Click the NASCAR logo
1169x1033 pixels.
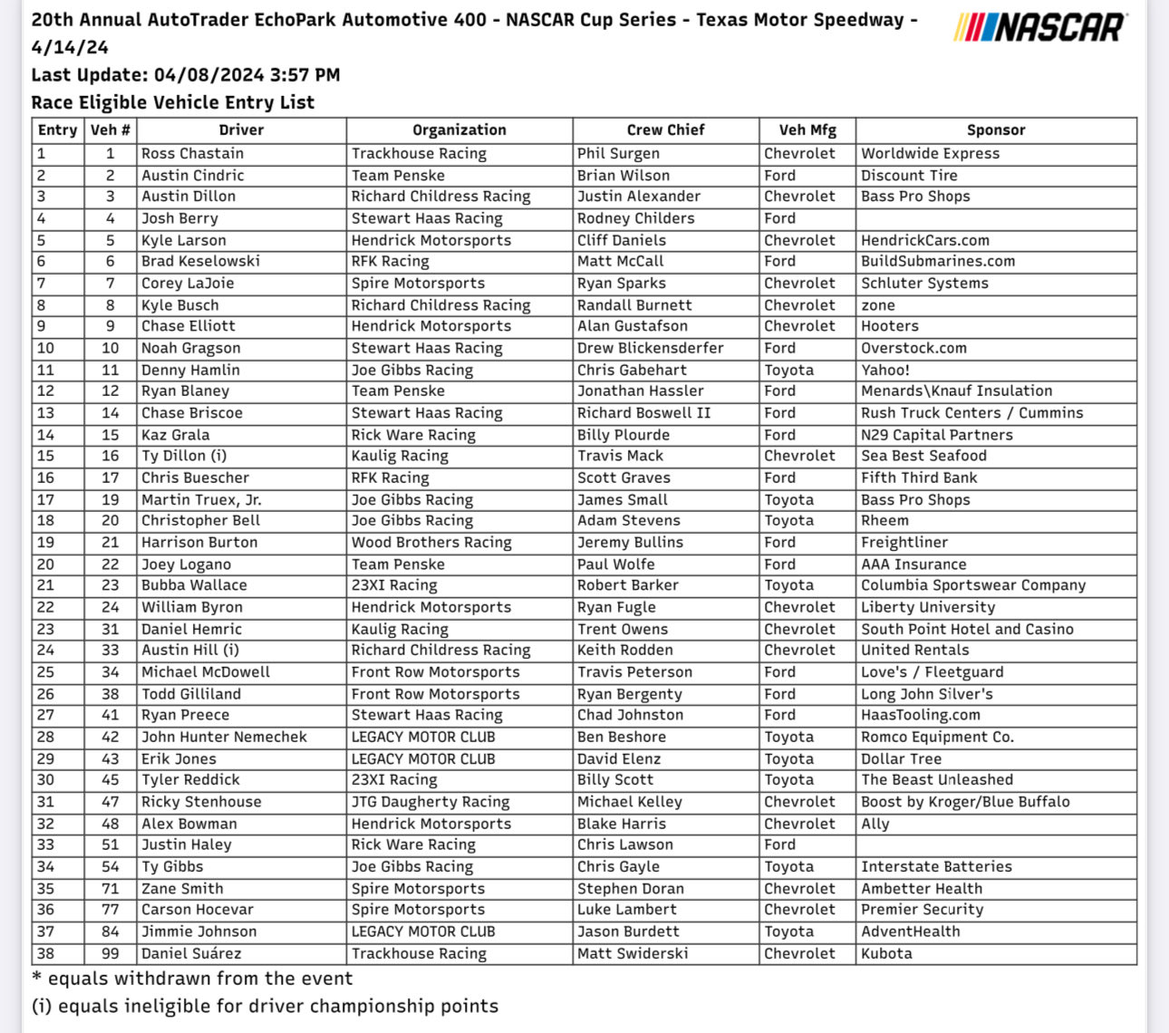pos(1040,27)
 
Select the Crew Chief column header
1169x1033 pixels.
pos(665,130)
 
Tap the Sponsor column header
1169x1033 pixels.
pos(995,130)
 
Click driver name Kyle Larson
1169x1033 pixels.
pos(184,240)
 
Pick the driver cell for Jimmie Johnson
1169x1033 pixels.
pos(198,932)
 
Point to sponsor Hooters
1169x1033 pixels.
pos(889,326)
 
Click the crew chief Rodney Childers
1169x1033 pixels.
pos(635,218)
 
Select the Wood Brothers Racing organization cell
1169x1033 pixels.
pos(431,543)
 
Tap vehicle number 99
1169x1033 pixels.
pos(110,953)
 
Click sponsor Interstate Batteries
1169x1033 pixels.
pos(936,867)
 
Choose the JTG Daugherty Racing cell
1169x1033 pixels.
pos(430,802)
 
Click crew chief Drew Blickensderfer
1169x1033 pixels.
pos(650,348)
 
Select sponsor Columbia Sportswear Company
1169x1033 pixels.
pos(972,585)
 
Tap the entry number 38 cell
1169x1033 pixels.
pos(46,953)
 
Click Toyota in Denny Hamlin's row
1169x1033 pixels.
pos(788,370)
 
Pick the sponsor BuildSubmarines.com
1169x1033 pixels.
pos(938,261)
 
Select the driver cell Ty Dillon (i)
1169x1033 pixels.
pos(184,456)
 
